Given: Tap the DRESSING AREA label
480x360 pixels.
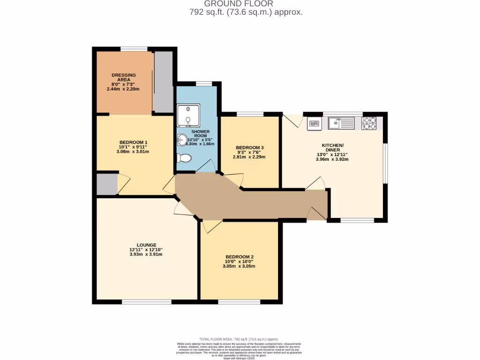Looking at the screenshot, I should pos(124,78).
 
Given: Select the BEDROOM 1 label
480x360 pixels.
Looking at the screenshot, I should pos(133,142).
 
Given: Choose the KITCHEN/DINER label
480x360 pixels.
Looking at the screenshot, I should pos(332,148).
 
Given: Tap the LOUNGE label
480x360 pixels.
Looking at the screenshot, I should pos(146,245).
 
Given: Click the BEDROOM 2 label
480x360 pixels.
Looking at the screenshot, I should pos(239,257).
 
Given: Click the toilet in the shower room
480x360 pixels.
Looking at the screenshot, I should pos(184,158).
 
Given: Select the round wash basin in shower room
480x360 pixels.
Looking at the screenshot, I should pos(182,140).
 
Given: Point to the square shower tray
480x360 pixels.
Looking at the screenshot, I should pos(188,115).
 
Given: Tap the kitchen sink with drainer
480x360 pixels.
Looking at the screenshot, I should pos(341,124).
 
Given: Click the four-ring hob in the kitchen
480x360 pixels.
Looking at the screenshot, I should pos(369,123).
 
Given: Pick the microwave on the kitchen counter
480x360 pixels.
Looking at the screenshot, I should pos(314,124).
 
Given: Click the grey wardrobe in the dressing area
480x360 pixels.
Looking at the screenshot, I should pos(164,82).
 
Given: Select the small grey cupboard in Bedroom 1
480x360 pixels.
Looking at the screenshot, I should pos(106,184).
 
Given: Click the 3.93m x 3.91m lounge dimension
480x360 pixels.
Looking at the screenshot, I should pos(146,255).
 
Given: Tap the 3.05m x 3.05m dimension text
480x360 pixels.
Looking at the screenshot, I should pos(239,266).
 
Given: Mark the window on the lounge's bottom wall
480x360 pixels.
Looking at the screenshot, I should pos(146,302).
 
